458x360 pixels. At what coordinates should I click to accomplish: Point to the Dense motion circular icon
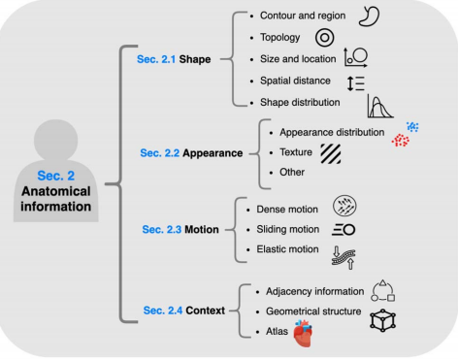pos(344,205)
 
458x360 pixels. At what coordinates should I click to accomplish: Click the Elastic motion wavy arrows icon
pos(345,256)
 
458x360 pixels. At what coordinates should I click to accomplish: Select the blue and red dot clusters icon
pos(404,135)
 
